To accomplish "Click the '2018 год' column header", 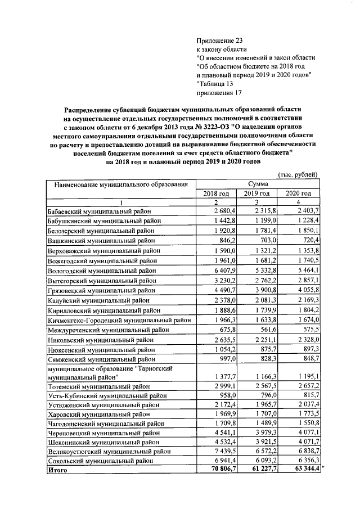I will (x=216, y=193).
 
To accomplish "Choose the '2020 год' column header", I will (x=298, y=193).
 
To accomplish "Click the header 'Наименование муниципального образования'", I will (x=120, y=184).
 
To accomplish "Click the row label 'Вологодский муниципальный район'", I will (x=102, y=269).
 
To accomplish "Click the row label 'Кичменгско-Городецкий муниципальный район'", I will (x=119, y=319).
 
